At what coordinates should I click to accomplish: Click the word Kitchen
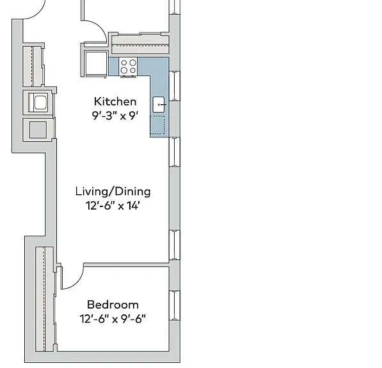115,102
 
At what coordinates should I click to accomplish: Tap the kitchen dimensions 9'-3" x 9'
115,116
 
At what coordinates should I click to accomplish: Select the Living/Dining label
113,192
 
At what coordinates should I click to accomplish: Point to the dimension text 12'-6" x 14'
113,206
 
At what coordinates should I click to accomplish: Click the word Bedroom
113,305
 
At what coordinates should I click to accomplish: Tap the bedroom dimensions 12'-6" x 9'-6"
113,319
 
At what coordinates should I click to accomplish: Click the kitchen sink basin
159,105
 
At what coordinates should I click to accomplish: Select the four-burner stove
129,66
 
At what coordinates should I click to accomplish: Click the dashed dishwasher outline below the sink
157,125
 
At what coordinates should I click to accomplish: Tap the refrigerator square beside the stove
96,64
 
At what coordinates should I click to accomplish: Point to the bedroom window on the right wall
175,305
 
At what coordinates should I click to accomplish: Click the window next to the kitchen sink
175,86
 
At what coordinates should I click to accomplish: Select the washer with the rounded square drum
38,102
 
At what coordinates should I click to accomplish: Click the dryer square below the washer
38,130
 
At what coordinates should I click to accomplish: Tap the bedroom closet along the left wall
45,299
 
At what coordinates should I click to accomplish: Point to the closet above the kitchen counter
140,45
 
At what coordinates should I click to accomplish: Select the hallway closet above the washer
33,66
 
